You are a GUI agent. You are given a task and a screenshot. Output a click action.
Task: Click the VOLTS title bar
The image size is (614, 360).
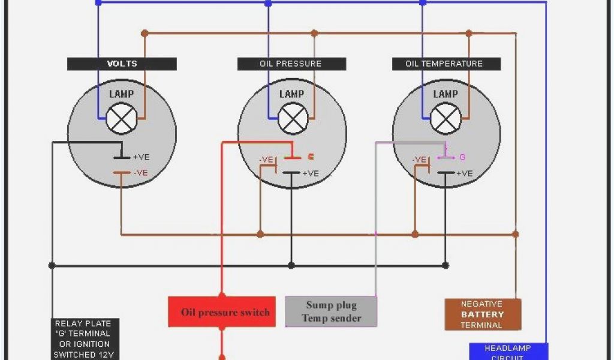pos(122,64)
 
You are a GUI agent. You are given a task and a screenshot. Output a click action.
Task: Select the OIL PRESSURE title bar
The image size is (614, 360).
pos(291,64)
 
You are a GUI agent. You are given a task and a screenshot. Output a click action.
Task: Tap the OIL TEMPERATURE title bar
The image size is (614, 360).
pos(446,64)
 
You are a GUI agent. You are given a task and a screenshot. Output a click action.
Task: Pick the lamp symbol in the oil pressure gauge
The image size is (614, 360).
pos(293,118)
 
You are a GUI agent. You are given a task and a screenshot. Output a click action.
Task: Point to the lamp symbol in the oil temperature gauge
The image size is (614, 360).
pos(446,118)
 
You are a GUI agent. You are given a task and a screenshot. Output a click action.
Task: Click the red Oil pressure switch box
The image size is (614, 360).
pos(222,312)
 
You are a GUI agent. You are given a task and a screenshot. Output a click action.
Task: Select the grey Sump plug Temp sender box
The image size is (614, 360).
pos(331,312)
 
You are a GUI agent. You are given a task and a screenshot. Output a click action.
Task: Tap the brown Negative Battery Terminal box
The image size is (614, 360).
pos(483,314)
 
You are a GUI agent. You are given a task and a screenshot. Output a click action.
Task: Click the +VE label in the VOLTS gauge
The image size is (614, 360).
pos(141,157)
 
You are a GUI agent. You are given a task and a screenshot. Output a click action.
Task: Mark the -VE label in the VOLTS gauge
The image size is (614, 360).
pos(141,173)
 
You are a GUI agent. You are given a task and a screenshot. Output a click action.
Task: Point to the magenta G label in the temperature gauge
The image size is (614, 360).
pos(462,157)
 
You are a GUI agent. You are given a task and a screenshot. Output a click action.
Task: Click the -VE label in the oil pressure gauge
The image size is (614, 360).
pos(266,160)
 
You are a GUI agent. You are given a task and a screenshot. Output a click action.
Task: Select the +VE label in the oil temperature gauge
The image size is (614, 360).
pos(465,173)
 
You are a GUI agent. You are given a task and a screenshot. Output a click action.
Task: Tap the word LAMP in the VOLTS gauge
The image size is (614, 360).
pos(122,94)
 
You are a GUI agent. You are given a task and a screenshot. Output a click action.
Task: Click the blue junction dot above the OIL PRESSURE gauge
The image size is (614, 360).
pos(268,3)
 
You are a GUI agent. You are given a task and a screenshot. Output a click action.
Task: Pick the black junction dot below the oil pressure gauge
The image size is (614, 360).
pos(291,265)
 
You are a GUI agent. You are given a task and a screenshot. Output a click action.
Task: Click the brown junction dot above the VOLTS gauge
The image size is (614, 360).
pos(145,33)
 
